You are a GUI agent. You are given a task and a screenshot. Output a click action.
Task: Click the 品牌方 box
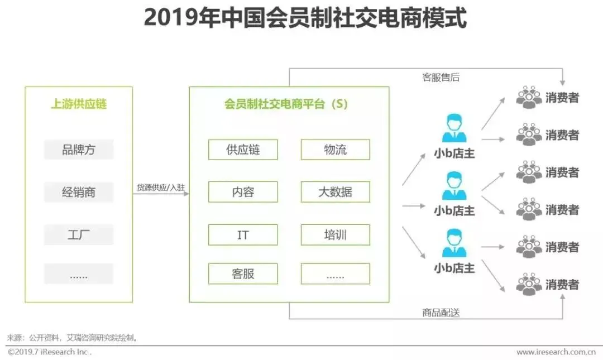pyautogui.click(x=79, y=150)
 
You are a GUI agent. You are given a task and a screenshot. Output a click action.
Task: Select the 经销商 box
pyautogui.click(x=79, y=193)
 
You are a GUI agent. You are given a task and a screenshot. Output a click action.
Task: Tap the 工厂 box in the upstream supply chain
pyautogui.click(x=79, y=234)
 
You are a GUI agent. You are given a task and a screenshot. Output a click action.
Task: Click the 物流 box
pyautogui.click(x=335, y=150)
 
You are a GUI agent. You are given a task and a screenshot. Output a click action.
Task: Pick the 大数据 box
pyautogui.click(x=335, y=192)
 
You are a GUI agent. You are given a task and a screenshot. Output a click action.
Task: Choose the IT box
pyautogui.click(x=243, y=234)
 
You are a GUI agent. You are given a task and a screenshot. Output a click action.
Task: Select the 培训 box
pyautogui.click(x=335, y=234)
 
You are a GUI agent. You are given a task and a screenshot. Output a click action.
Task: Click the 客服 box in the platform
pyautogui.click(x=243, y=273)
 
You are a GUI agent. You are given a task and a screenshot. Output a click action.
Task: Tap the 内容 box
pyautogui.click(x=243, y=192)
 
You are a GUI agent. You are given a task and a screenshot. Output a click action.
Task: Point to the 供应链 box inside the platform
pyautogui.click(x=243, y=150)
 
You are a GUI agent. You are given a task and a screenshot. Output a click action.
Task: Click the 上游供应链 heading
pyautogui.click(x=79, y=104)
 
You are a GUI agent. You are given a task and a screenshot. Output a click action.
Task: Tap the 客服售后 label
pyautogui.click(x=441, y=78)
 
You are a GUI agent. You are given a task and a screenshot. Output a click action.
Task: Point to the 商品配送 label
pyautogui.click(x=441, y=313)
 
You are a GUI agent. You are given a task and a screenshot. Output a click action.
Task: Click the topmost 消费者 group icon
pyautogui.click(x=529, y=98)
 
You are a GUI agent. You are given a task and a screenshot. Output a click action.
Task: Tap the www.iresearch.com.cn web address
pyautogui.click(x=556, y=352)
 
